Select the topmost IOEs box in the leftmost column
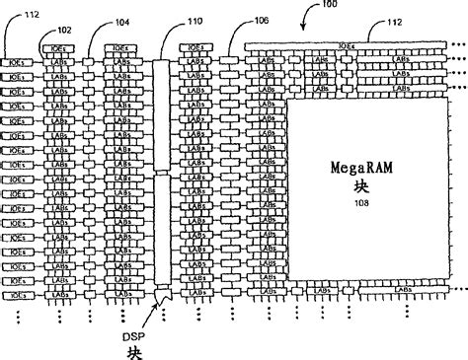pyautogui.click(x=14, y=61)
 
